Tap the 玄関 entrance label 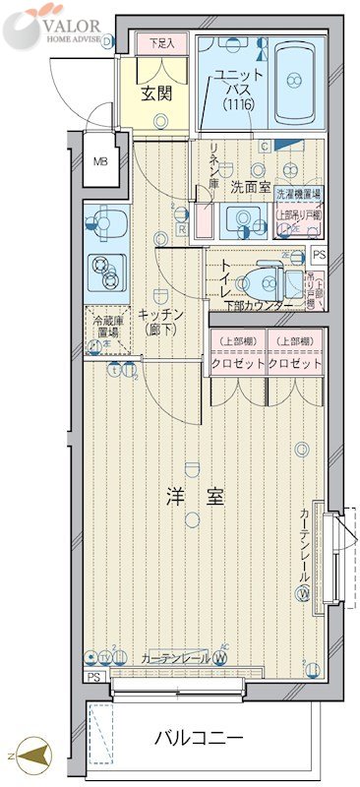(x=154, y=94)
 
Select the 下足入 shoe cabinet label (x=160, y=43)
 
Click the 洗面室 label (x=251, y=185)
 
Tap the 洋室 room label (x=201, y=498)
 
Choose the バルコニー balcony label (x=198, y=737)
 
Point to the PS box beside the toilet (x=318, y=254)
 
